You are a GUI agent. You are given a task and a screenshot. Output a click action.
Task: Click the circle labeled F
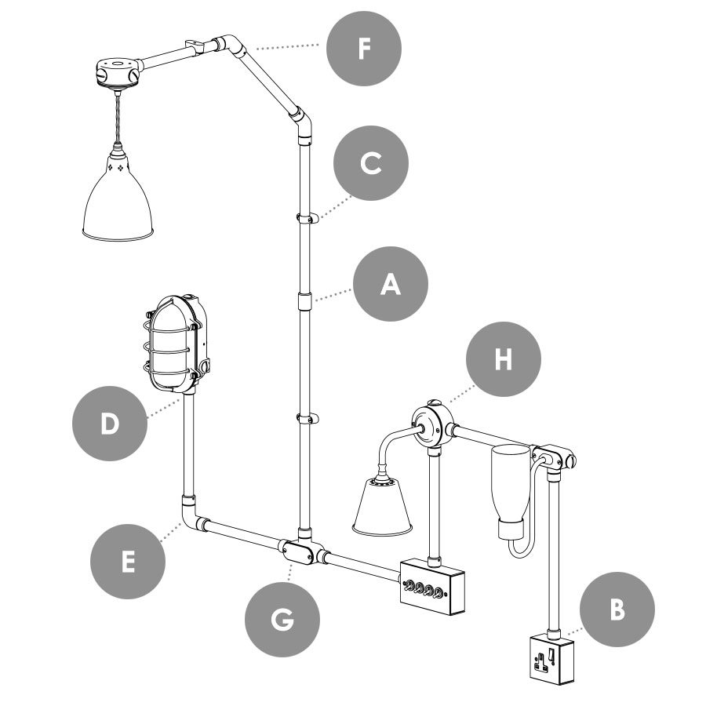click(364, 49)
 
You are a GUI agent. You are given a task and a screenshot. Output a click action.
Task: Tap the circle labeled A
click(391, 285)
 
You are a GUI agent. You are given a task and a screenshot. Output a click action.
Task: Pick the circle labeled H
click(504, 360)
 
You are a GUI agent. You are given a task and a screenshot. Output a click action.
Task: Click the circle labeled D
click(109, 424)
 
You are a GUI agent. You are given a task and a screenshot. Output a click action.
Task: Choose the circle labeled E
click(129, 562)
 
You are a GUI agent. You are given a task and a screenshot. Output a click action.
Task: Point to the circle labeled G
click(282, 620)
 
